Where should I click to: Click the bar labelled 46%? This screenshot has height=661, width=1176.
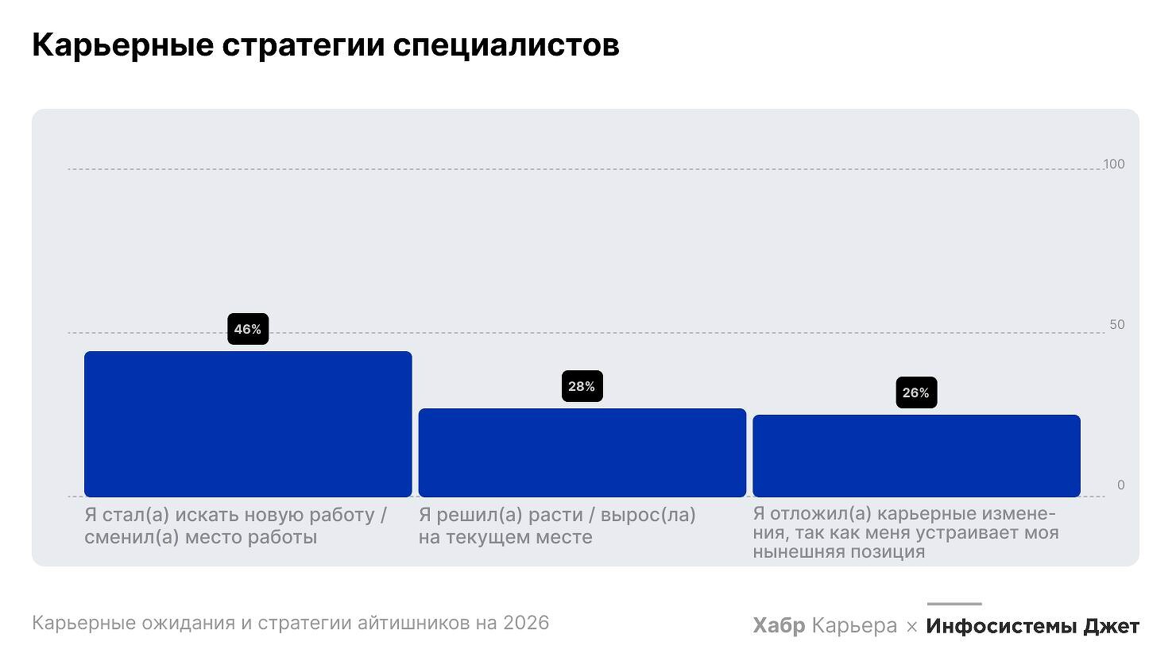pyautogui.click(x=248, y=424)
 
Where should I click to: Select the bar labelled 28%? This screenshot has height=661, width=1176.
pyautogui.click(x=582, y=453)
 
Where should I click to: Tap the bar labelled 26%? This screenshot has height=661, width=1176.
pyautogui.click(x=916, y=456)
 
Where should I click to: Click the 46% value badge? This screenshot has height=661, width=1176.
pyautogui.click(x=248, y=329)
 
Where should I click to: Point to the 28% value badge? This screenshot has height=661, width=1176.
pyautogui.click(x=582, y=386)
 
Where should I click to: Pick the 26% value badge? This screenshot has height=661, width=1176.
pyautogui.click(x=916, y=392)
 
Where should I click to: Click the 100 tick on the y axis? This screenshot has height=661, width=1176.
pyautogui.click(x=1114, y=164)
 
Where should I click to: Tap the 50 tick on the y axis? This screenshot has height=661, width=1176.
pyautogui.click(x=1117, y=325)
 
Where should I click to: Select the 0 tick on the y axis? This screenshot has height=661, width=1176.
pyautogui.click(x=1121, y=485)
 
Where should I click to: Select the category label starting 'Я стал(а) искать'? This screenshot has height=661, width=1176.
pyautogui.click(x=236, y=526)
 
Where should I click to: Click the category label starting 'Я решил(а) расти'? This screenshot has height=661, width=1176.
pyautogui.click(x=557, y=526)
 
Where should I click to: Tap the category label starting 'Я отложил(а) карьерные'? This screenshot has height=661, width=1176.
pyautogui.click(x=906, y=532)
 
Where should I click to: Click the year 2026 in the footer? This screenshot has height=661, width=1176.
pyautogui.click(x=526, y=623)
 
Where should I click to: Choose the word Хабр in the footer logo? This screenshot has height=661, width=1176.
pyautogui.click(x=779, y=626)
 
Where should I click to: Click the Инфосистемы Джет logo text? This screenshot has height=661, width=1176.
pyautogui.click(x=1032, y=626)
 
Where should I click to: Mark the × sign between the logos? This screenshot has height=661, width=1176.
pyautogui.click(x=911, y=627)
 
